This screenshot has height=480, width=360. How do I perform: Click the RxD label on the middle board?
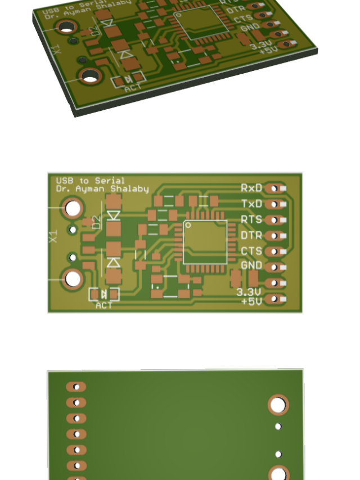pos(251,188)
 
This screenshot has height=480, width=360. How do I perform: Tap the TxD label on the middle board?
pos(251,204)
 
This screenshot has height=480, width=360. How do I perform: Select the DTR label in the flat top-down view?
pos(251,235)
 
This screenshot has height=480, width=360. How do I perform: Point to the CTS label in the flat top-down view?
pos(251,251)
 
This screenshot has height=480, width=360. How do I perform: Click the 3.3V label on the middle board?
pos(248,292)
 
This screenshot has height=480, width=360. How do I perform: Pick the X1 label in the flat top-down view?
pos(54,236)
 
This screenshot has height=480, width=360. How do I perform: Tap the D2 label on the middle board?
pos(96,222)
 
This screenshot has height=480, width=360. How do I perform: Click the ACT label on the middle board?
pos(104,306)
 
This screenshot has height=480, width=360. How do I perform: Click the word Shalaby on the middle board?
pos(131,189)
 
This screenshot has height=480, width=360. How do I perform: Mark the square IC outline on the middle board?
pos(205,242)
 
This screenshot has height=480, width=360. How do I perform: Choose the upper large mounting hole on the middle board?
pos(73,209)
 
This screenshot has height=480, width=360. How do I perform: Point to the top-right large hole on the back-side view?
pos(278,405)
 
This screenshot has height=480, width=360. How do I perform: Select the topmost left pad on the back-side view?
pos(76,387)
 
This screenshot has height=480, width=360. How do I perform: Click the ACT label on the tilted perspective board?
pos(133,88)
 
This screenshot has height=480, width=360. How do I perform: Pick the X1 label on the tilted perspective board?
pos(55,50)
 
